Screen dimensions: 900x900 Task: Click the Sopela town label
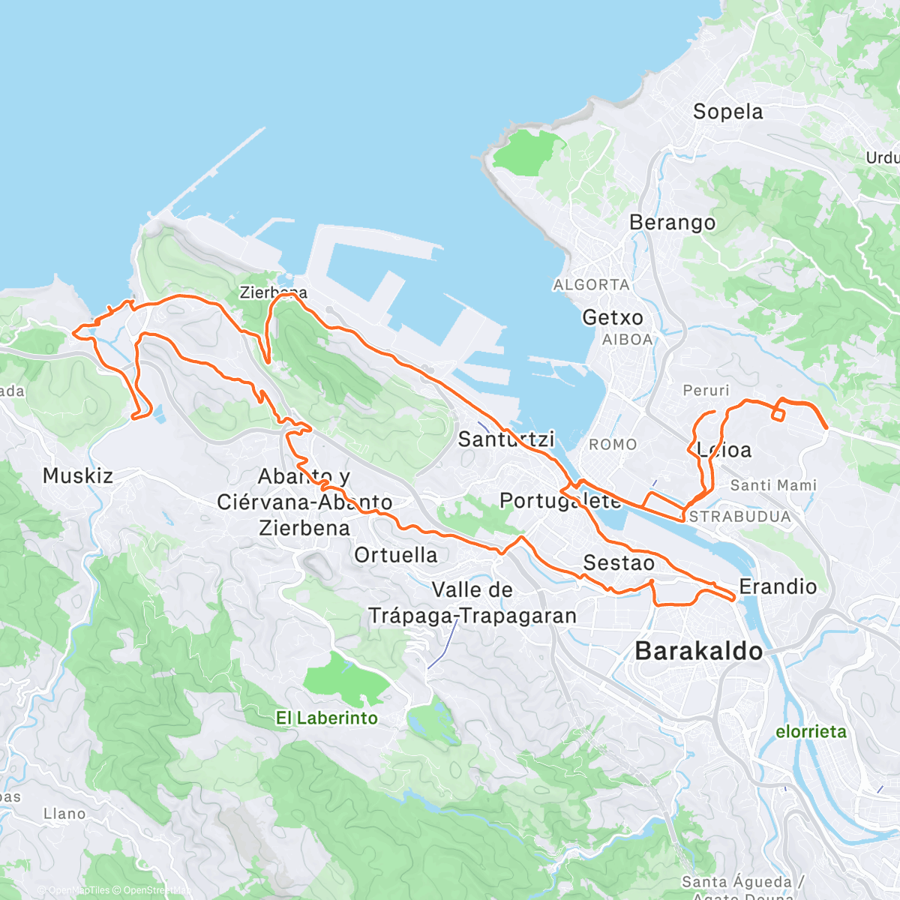click(x=727, y=112)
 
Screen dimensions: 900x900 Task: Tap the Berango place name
click(x=672, y=223)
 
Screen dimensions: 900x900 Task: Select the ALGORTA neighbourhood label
click(x=591, y=285)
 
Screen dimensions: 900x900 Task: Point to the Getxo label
click(x=613, y=318)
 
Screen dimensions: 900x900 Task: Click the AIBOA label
click(x=627, y=340)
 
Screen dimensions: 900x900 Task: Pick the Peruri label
click(x=706, y=391)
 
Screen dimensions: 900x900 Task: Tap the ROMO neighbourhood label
click(x=613, y=445)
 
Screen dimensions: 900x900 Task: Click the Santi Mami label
click(x=773, y=485)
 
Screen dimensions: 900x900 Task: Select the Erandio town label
click(x=778, y=586)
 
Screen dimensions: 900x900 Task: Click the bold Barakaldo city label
click(x=698, y=651)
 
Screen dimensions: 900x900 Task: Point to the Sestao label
click(x=619, y=562)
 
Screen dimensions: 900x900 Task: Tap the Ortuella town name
click(x=395, y=555)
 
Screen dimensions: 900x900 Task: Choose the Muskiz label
click(x=78, y=475)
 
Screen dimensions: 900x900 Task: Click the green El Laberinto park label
click(x=327, y=718)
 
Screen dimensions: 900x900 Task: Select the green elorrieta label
click(x=811, y=731)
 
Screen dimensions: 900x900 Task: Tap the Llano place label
click(x=64, y=814)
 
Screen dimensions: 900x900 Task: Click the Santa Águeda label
click(x=736, y=882)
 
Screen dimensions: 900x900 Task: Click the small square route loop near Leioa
click(x=778, y=412)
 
